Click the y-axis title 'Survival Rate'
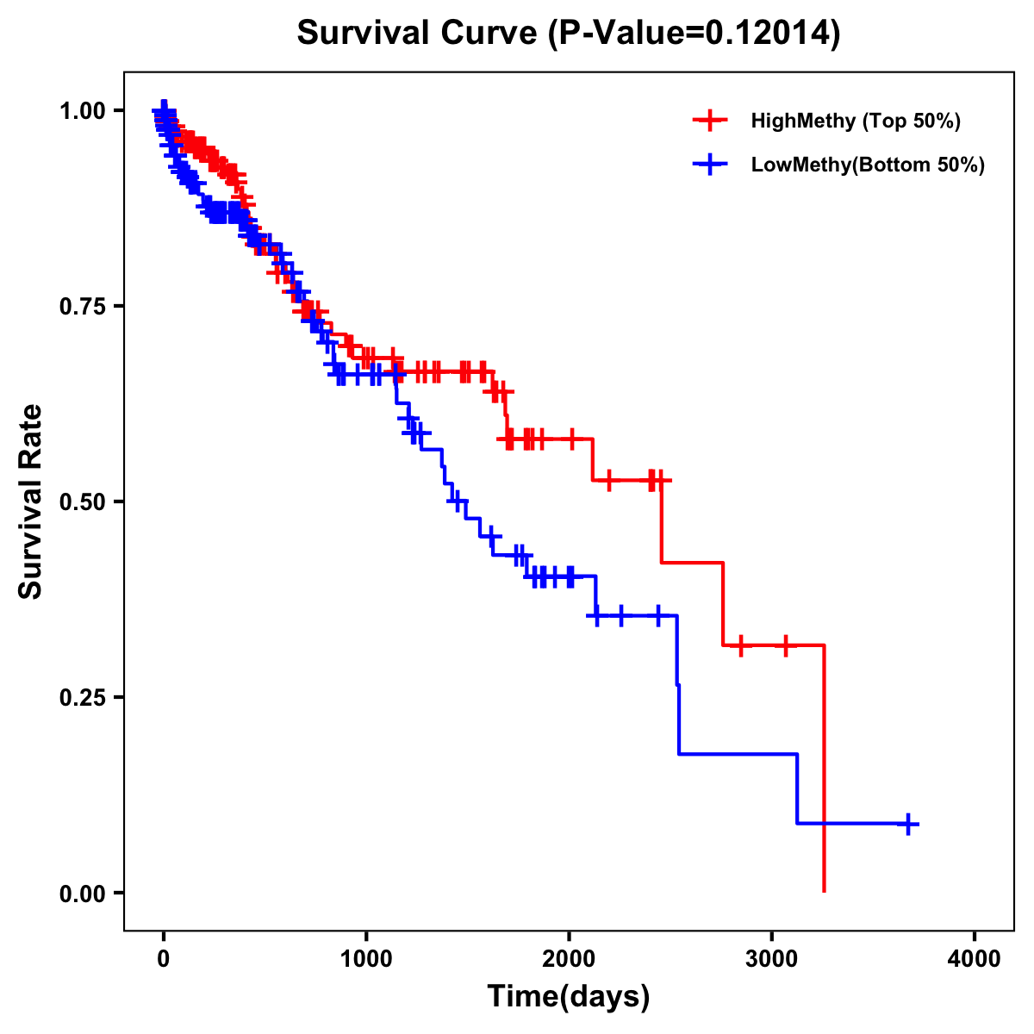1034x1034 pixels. [31, 501]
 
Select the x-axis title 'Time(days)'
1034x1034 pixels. [569, 996]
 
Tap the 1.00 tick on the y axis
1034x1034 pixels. [81, 110]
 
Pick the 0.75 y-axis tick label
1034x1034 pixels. [81, 306]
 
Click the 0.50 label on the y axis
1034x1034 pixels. [81, 501]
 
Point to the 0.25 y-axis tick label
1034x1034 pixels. [81, 697]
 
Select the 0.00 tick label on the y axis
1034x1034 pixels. [81, 893]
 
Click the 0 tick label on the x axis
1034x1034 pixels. [164, 958]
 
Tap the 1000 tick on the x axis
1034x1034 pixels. [366, 958]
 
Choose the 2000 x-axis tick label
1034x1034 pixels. [569, 958]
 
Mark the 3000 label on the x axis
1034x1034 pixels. [772, 958]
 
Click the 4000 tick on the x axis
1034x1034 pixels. [975, 958]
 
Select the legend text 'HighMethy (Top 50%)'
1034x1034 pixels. [856, 121]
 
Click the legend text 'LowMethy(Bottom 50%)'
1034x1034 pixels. [868, 165]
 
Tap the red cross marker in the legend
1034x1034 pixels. [710, 121]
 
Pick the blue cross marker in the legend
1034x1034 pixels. [710, 165]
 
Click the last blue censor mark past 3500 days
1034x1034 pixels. [907, 824]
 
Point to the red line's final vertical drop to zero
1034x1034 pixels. [825, 775]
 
